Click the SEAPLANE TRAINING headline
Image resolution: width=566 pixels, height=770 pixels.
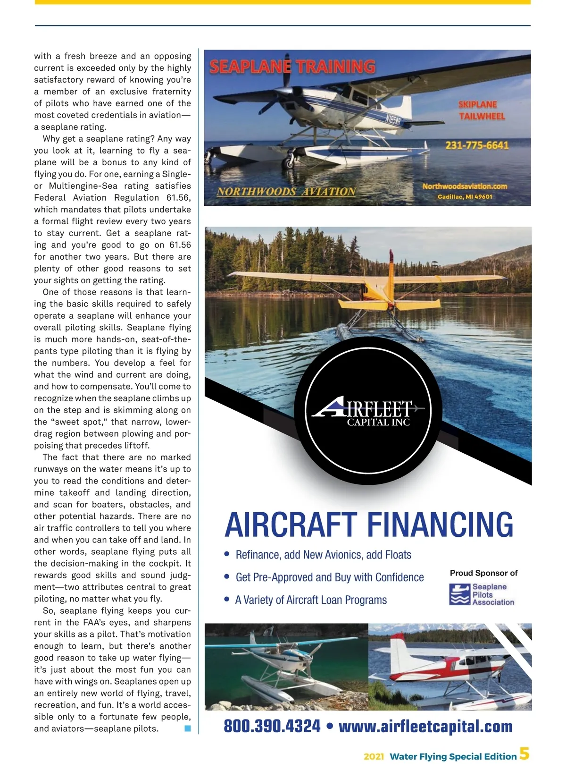[x=292, y=67]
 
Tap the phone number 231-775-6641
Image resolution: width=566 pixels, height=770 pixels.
[x=477, y=145]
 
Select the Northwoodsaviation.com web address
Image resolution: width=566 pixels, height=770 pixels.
[x=465, y=186]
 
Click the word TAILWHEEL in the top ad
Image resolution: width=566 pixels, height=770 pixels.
[x=482, y=116]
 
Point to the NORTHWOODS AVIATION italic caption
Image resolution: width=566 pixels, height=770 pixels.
[x=286, y=192]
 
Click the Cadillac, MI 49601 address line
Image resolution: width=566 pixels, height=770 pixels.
[x=465, y=197]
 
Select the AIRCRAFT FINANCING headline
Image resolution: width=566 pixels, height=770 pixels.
[x=368, y=525]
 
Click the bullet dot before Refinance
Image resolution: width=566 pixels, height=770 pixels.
[x=227, y=554]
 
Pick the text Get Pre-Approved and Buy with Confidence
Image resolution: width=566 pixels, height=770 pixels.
[x=329, y=577]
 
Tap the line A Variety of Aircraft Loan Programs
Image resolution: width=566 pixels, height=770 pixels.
[x=311, y=600]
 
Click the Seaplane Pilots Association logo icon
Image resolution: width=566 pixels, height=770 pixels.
[x=459, y=594]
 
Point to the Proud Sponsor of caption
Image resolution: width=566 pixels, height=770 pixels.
[x=483, y=573]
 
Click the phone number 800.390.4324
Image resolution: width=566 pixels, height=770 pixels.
[x=272, y=726]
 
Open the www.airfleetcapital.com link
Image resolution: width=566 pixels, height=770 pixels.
[x=425, y=726]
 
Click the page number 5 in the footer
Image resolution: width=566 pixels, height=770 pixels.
[x=524, y=753]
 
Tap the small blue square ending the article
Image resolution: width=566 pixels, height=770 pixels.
[x=187, y=728]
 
